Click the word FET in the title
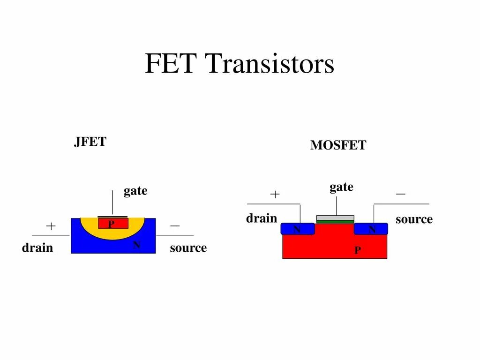point(170,64)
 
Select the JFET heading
point(90,142)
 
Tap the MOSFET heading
point(338,146)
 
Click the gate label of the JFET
point(135,191)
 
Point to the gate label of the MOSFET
point(341,187)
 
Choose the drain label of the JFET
point(37,248)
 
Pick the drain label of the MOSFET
point(262,218)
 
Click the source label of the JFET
point(188,248)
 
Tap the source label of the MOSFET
point(414,219)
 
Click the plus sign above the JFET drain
point(51,226)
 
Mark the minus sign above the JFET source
point(175,226)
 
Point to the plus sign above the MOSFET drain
point(275,194)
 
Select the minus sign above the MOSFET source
point(401,194)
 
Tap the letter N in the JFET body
point(137,245)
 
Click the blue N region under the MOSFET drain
point(297,229)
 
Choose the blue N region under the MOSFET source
point(371,229)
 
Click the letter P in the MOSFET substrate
point(358,251)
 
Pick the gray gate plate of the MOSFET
point(335,218)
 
